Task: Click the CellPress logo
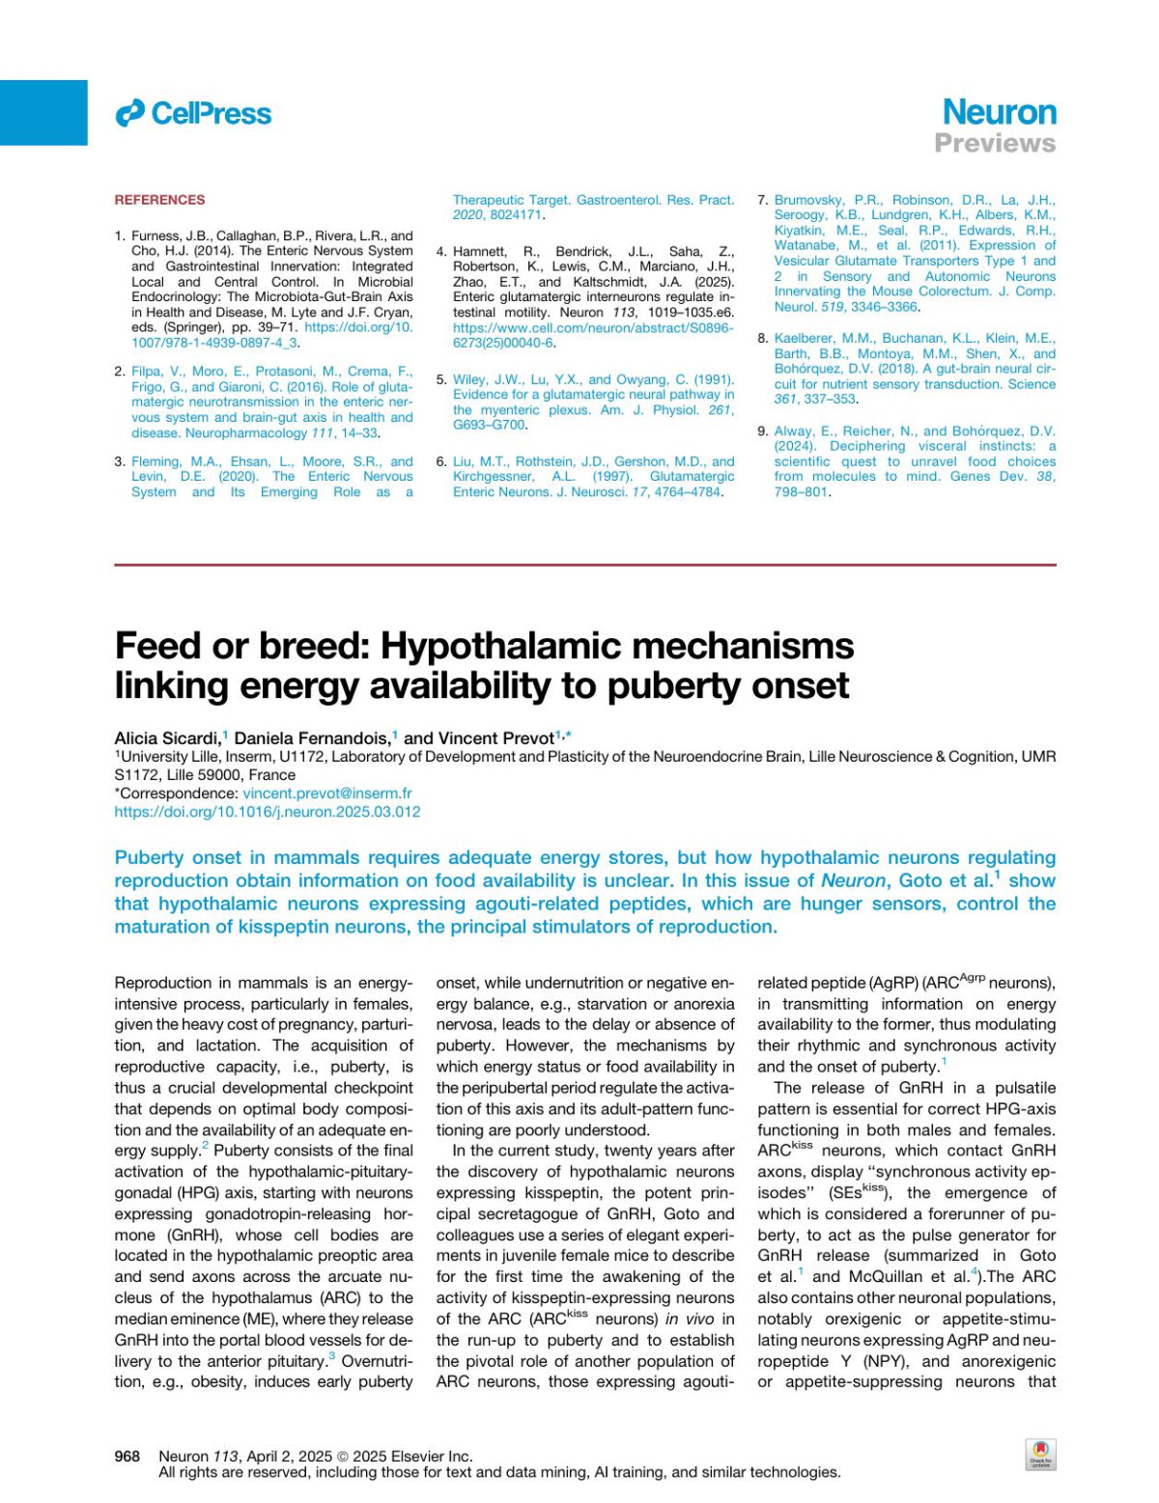(x=193, y=114)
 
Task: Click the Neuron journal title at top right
(x=999, y=112)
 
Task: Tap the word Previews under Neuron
(x=995, y=144)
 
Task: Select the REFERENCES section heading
(x=159, y=200)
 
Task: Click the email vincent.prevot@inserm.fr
(x=326, y=793)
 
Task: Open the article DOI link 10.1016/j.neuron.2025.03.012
(x=267, y=812)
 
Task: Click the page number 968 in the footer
(x=127, y=1456)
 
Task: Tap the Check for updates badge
(x=1040, y=1455)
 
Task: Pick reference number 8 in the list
(x=762, y=339)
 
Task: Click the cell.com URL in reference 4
(x=593, y=328)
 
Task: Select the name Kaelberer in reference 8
(x=805, y=339)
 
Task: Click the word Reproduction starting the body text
(x=162, y=984)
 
